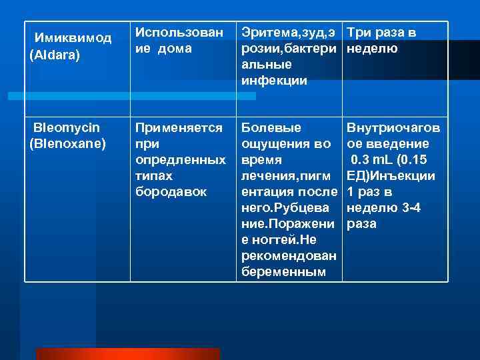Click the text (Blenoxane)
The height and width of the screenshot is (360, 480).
tap(68, 143)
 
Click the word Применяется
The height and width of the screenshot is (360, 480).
tap(179, 127)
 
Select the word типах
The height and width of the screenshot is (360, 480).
tap(154, 175)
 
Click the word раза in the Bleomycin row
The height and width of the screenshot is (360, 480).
tap(361, 224)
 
